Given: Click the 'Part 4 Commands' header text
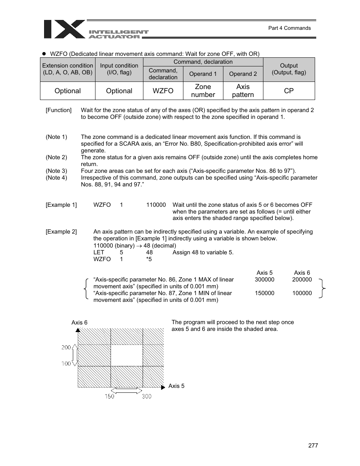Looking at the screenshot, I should [289, 28].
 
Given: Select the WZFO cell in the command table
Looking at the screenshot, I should [163, 91].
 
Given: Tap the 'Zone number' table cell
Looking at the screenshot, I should [203, 91].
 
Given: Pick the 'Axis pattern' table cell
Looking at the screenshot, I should [243, 91].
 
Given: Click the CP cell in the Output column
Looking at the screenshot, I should [289, 91].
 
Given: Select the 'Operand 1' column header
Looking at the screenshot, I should [203, 74].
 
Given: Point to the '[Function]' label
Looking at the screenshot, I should [58, 110].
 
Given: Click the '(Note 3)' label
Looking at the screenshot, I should [56, 171].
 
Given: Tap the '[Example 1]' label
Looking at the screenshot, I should [61, 205].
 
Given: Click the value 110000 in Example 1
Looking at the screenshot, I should [156, 205].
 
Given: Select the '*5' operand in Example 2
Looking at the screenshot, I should [149, 259].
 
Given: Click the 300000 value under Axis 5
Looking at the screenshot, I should [264, 280].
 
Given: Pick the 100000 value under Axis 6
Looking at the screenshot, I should [302, 293].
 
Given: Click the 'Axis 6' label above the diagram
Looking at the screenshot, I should [79, 323].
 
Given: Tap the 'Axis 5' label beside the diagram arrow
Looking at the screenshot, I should [176, 386].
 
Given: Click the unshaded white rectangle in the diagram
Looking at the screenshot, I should [127, 355].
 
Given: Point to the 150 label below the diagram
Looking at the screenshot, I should [109, 396].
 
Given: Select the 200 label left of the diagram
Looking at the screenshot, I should [66, 347].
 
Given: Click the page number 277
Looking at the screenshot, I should [313, 446].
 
